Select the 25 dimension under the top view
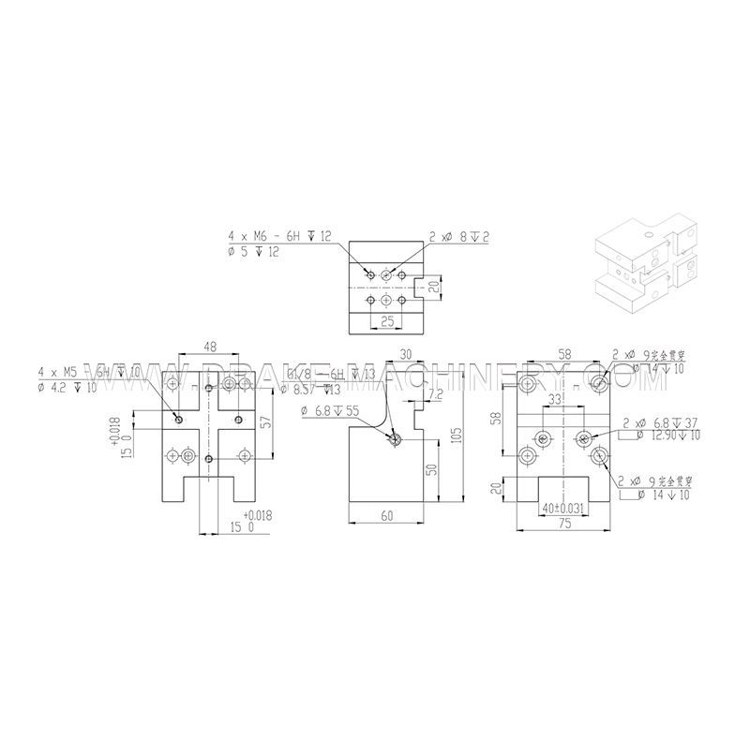(x=387, y=321)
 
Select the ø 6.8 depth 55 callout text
(x=330, y=410)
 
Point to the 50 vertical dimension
(x=432, y=468)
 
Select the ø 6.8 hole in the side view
(x=397, y=439)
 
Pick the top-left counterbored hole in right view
(x=527, y=383)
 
